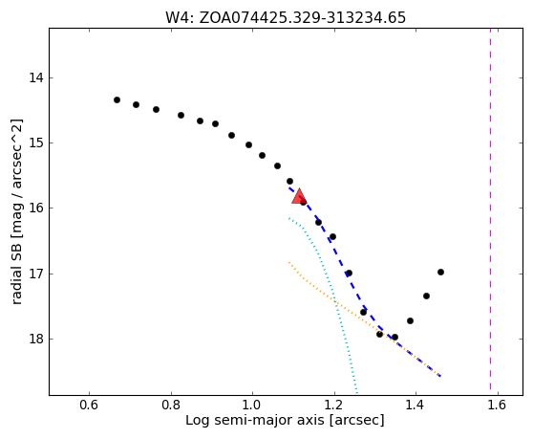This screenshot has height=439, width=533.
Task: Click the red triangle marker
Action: point(299,196)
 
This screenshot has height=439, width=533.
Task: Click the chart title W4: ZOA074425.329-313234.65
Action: point(286,18)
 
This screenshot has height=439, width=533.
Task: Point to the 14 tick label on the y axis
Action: point(36,77)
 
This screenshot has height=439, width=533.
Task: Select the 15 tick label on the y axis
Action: point(36,143)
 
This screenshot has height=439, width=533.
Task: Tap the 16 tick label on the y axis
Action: point(36,208)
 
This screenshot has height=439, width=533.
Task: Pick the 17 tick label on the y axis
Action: point(36,274)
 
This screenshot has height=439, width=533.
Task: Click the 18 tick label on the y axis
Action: point(36,339)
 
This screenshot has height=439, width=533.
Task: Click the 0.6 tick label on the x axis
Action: point(89,406)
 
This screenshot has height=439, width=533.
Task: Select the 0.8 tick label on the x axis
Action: point(171,406)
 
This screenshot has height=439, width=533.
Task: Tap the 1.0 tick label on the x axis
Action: point(252,406)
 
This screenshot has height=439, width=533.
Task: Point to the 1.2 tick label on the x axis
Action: point(334,406)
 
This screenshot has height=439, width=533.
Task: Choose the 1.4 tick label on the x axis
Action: point(416,406)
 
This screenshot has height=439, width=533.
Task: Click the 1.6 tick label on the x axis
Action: point(498,406)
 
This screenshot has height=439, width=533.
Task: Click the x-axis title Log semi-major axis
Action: point(255,421)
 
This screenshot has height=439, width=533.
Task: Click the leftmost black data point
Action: point(117,99)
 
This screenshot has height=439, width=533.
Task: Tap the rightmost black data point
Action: point(441,272)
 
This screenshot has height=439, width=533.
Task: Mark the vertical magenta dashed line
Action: point(491,209)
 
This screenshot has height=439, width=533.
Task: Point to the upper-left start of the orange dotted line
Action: point(288,262)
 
